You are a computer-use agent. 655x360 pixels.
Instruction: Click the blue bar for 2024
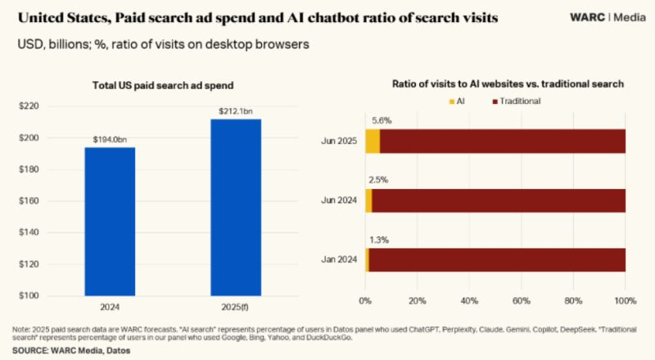110,221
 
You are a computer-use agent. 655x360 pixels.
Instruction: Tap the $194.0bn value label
110,140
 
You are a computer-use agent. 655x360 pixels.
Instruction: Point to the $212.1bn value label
236,111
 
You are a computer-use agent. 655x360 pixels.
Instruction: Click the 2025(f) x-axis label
236,309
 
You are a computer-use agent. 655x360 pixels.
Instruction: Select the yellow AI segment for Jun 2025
373,141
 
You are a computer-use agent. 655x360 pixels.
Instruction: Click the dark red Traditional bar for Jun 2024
499,200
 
